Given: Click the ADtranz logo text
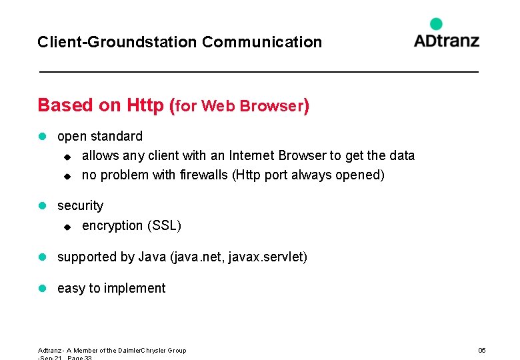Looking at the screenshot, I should (446, 40).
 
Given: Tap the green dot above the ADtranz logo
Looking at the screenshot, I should (436, 24).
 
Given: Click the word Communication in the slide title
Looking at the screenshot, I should (262, 42).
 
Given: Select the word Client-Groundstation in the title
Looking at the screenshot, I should (117, 42).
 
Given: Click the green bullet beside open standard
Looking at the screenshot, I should (42, 137).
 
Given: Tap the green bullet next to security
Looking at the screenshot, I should (42, 206).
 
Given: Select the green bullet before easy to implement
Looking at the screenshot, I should (42, 289).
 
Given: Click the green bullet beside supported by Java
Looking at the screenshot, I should (42, 257).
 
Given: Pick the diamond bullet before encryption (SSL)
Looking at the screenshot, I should (66, 227).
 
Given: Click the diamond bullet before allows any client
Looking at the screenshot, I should (66, 157).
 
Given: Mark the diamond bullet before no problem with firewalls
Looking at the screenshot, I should (66, 176).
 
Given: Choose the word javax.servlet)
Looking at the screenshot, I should (267, 257).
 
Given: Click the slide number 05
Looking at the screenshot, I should (482, 351).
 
